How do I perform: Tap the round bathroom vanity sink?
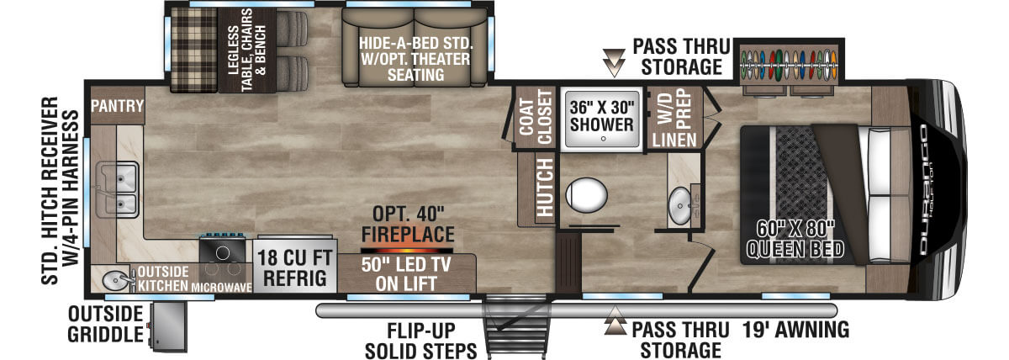coord(679,206)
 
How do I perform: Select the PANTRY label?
coord(117,106)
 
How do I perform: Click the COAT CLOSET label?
coord(536,117)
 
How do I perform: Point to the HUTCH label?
coord(545,187)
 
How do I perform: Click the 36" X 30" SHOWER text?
coord(602,116)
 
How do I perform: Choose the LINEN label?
coord(674,140)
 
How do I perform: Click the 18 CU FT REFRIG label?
coord(294,268)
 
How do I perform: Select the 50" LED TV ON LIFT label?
coord(406,274)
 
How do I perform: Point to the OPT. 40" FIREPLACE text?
coord(408,225)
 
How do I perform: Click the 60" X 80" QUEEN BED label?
coord(795,239)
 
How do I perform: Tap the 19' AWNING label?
coord(795,330)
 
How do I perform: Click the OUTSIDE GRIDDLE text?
coord(105,325)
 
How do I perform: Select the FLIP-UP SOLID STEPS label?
coord(420,341)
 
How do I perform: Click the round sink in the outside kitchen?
coord(115,281)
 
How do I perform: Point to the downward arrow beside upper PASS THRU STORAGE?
coord(614,62)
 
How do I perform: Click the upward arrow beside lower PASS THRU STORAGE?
coord(615,320)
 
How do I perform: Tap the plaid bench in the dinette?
coord(194,50)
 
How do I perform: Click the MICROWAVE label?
coord(221,287)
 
